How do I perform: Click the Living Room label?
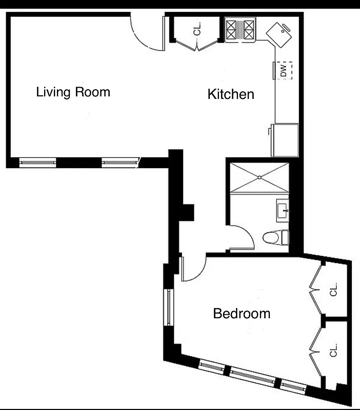pyautogui.click(x=73, y=92)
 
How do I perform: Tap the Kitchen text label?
pyautogui.click(x=231, y=94)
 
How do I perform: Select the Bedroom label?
pyautogui.click(x=242, y=313)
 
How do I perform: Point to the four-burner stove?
pyautogui.click(x=241, y=30)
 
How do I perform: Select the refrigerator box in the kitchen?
pyautogui.click(x=285, y=139)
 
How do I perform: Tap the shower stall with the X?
pyautogui.click(x=259, y=177)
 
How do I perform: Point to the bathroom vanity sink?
pyautogui.click(x=283, y=210)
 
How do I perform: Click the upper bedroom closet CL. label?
pyautogui.click(x=334, y=290)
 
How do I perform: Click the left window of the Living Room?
pyautogui.click(x=37, y=162)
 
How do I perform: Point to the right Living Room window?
pyautogui.click(x=121, y=162)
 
